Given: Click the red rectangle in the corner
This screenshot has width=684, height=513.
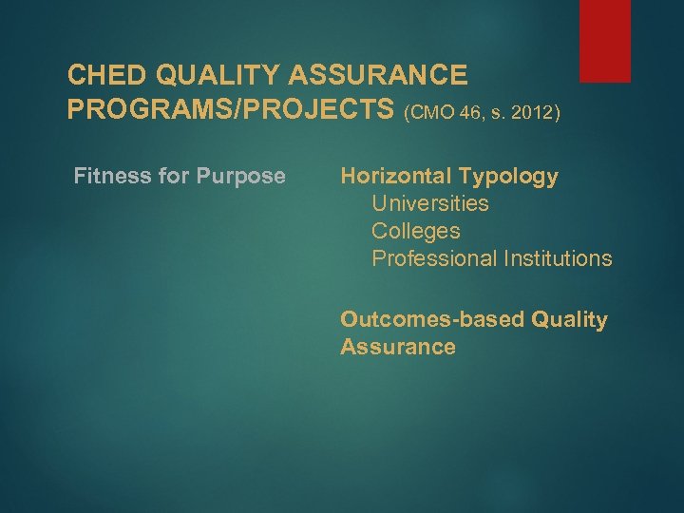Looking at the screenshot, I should click(x=605, y=40).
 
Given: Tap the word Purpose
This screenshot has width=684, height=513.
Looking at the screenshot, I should click(x=243, y=176).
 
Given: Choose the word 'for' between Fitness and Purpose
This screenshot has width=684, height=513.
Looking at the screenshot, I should click(x=179, y=176).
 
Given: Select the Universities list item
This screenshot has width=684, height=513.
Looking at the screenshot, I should click(x=430, y=203).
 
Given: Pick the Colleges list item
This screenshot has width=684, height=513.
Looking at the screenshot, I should click(x=415, y=231).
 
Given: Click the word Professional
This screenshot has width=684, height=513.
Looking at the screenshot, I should click(x=436, y=258).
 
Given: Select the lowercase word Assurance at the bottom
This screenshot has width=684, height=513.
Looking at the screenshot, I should click(x=397, y=347).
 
